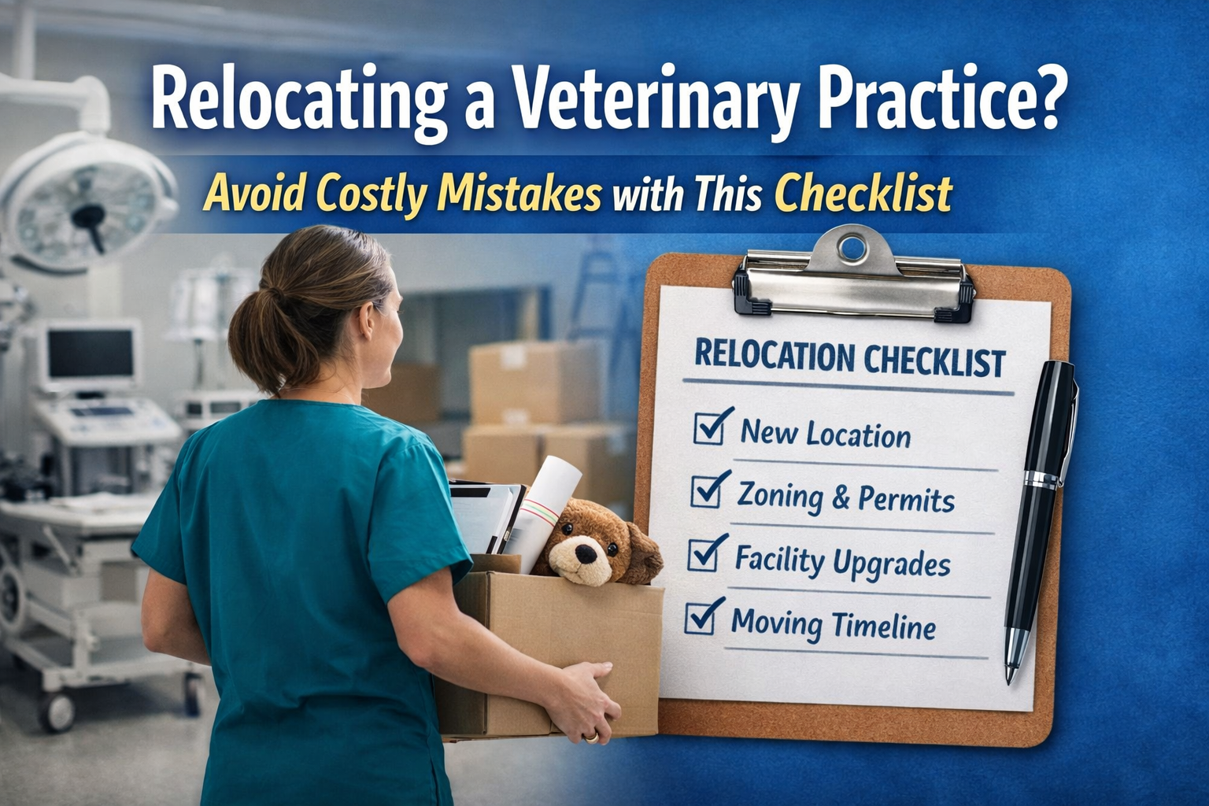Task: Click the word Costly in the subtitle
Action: pos(369,194)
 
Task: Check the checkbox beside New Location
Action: pos(711,428)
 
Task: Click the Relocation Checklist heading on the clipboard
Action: pos(849,359)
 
